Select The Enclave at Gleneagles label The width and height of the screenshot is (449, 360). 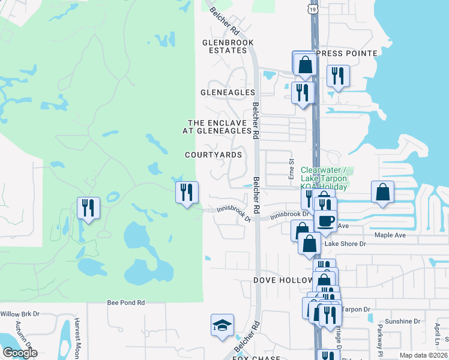(219, 126)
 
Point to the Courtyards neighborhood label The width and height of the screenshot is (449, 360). (214, 154)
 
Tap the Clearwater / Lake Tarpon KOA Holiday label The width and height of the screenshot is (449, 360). (324, 178)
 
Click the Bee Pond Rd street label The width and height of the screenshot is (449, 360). (126, 303)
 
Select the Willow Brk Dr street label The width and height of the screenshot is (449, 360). (20, 313)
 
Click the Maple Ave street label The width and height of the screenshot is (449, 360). (391, 235)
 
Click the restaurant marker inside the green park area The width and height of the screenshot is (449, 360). (88, 208)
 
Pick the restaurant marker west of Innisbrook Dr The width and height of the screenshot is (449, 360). (187, 192)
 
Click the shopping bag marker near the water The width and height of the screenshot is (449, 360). (382, 192)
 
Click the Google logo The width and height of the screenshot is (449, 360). (20, 353)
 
